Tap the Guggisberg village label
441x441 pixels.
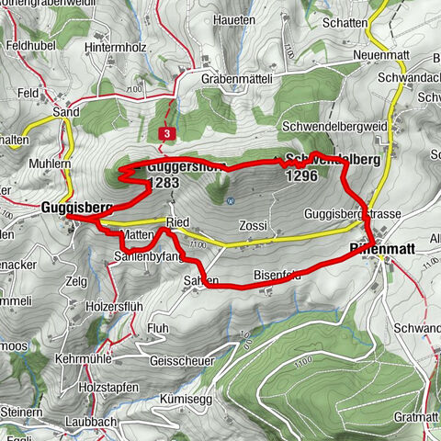click(76, 209)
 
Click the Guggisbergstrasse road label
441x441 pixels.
click(354, 214)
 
